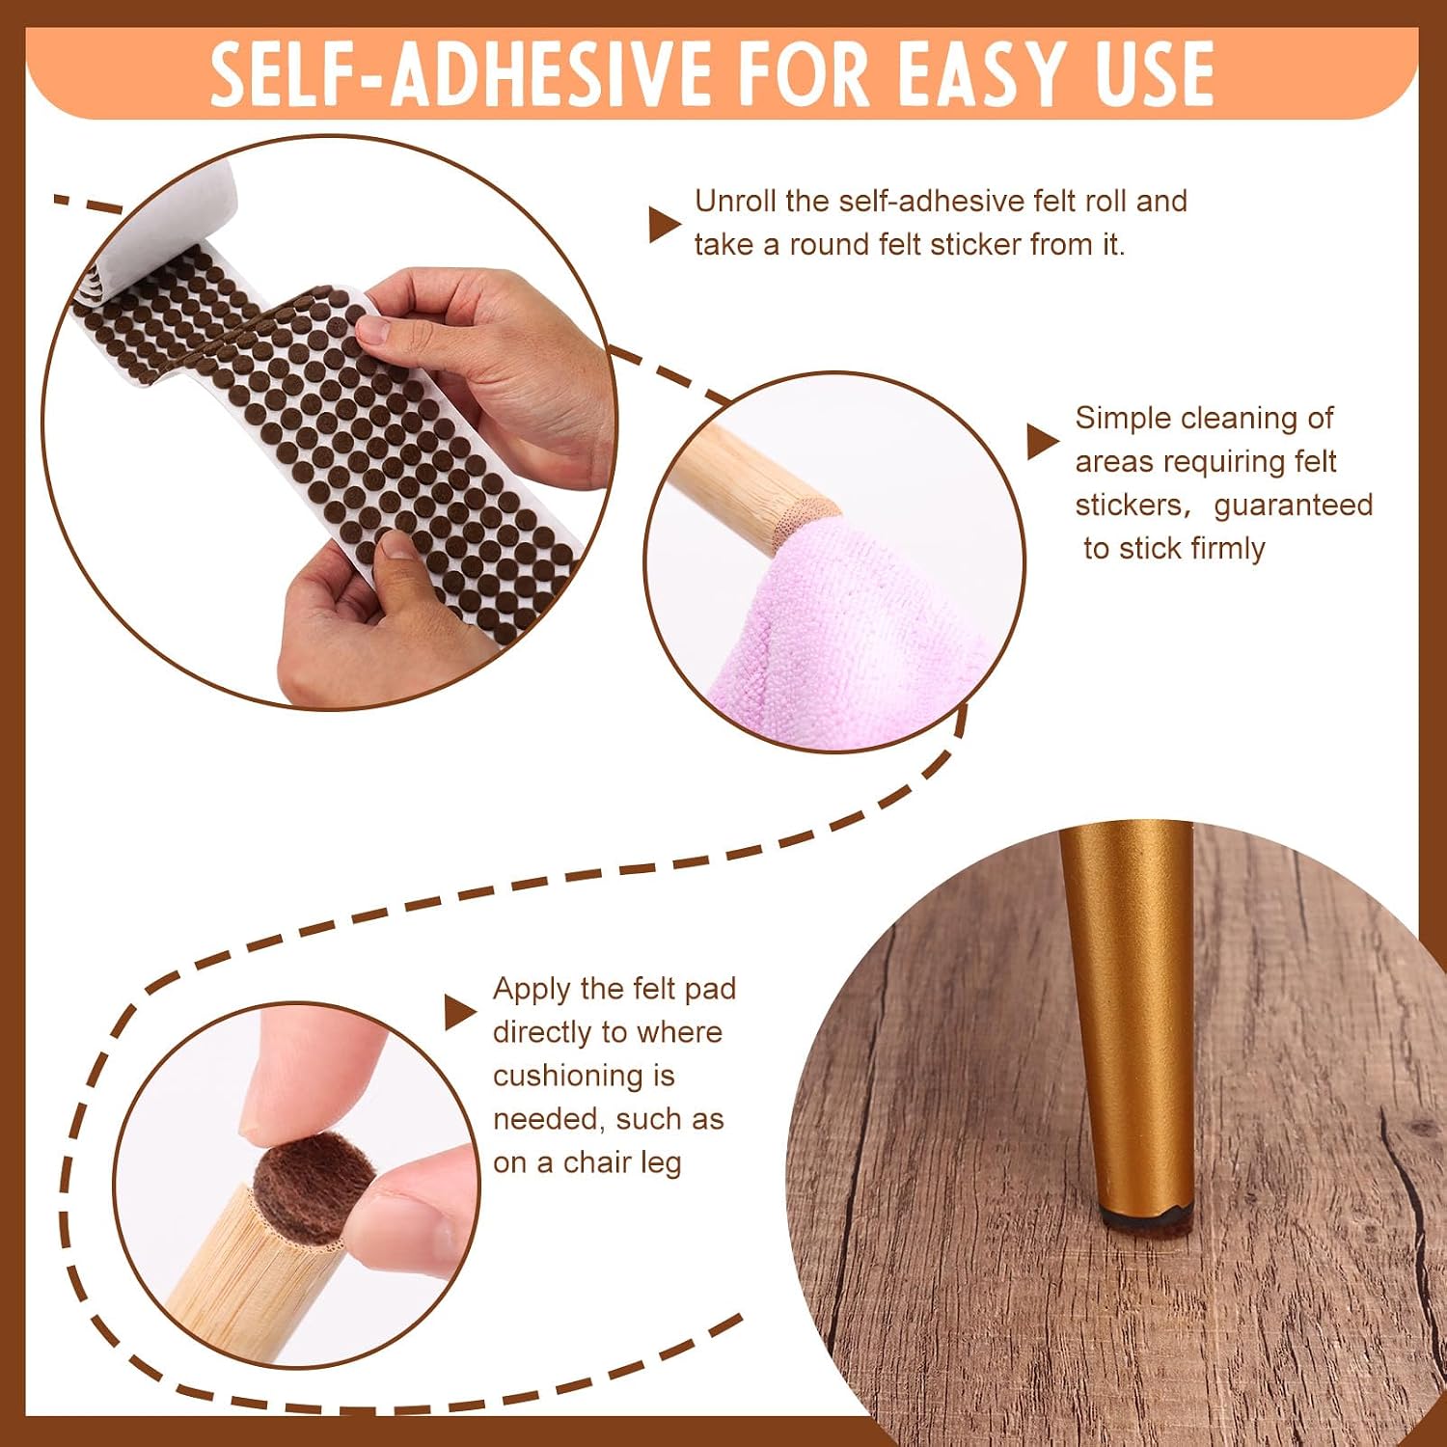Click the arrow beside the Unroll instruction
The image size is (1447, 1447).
point(665,224)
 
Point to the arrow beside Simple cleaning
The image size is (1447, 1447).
point(1043,441)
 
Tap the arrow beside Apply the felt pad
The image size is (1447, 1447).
point(460,1012)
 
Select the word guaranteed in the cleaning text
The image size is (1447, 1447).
point(1293,505)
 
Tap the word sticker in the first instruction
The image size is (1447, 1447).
point(975,244)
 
